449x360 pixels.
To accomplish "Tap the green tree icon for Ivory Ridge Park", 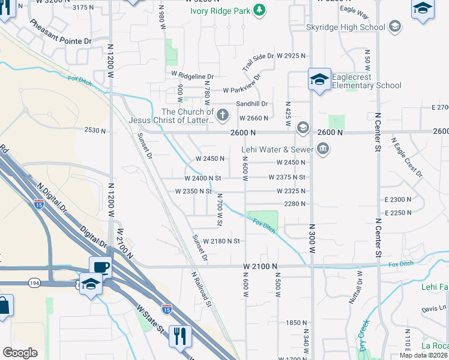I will pos(259,10).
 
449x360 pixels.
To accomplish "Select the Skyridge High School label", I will pos(345,27).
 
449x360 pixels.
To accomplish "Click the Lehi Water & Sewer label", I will pos(277,149).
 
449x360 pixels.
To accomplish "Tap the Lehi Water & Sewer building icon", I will pos(323,149).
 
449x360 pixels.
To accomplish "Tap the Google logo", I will pos(20,352).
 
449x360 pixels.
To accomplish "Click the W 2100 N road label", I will pos(261,266).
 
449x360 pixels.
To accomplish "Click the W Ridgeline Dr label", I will pos(192,76).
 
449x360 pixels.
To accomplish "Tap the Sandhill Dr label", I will pos(251,104).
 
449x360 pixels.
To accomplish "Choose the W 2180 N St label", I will pos(221,241).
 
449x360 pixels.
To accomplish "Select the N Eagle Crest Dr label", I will pos(408,157).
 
